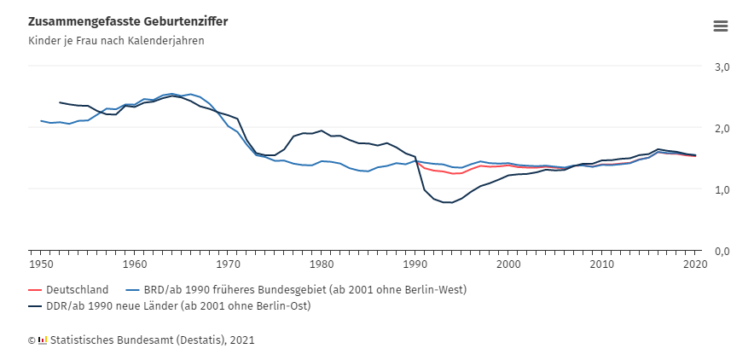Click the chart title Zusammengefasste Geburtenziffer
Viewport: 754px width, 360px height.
click(127, 20)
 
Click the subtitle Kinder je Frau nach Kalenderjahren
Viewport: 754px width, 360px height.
click(116, 40)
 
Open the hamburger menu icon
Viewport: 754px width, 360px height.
click(721, 26)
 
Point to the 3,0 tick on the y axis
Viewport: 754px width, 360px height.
click(722, 67)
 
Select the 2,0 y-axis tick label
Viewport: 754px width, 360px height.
click(722, 128)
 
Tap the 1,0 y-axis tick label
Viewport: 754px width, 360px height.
click(722, 189)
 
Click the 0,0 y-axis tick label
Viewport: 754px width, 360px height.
click(722, 251)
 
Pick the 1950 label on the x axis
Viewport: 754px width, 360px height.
click(40, 264)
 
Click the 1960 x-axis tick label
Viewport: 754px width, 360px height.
click(135, 264)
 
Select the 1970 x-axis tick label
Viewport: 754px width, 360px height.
click(228, 264)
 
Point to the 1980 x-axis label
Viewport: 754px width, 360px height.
click(322, 264)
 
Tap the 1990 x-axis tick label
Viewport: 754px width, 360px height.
click(415, 264)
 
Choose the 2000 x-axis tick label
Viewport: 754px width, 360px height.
click(508, 264)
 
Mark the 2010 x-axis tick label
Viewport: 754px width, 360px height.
click(602, 264)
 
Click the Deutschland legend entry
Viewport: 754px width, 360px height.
click(77, 289)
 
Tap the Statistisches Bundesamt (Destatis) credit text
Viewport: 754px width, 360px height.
click(152, 340)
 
